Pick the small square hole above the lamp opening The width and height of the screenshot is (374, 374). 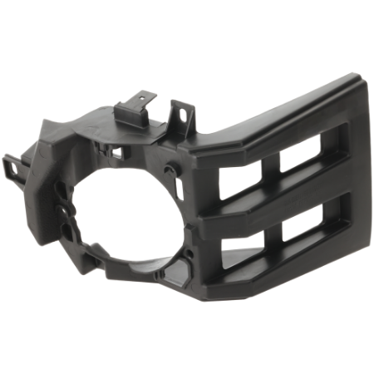pos(118,153)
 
